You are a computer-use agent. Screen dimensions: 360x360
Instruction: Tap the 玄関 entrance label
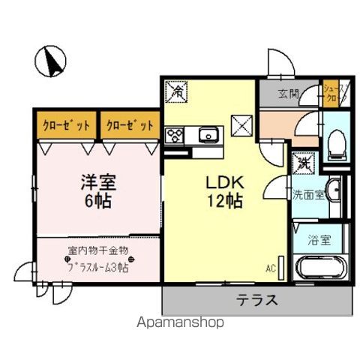click(x=288, y=94)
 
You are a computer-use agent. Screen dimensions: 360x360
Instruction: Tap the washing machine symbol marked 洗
click(x=304, y=162)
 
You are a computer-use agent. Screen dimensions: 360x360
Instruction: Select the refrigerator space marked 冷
click(x=175, y=92)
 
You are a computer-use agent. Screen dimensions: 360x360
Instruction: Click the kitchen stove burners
click(x=175, y=136)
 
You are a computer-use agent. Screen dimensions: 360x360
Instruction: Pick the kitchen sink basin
click(x=208, y=135)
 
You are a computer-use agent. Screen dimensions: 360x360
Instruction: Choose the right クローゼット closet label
click(x=130, y=124)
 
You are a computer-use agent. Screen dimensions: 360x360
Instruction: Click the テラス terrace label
click(x=257, y=301)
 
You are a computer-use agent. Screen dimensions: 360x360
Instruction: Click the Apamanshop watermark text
click(x=178, y=323)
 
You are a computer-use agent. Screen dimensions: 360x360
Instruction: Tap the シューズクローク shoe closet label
click(x=333, y=94)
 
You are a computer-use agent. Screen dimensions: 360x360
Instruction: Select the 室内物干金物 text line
click(x=98, y=250)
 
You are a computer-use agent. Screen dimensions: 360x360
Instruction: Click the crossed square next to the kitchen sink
click(x=242, y=124)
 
